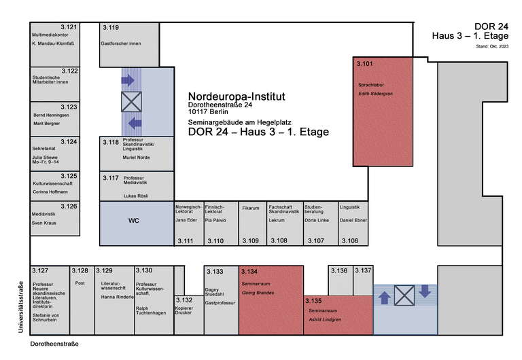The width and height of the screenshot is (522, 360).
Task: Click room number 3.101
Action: coord(366,65)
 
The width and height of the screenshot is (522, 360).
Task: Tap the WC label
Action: coord(134,221)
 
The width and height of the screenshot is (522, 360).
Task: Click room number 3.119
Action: coord(111,28)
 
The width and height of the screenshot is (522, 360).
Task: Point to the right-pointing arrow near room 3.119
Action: coord(128,80)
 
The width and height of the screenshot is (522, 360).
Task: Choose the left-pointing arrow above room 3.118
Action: coord(135,123)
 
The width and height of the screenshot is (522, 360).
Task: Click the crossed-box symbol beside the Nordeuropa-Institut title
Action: coord(130,102)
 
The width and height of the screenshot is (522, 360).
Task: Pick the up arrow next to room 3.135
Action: coord(384,296)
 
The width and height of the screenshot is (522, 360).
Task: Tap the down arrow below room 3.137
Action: coord(425,291)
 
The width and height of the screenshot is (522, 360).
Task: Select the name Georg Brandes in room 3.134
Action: coord(257,292)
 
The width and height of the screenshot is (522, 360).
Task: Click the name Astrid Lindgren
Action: coord(325,318)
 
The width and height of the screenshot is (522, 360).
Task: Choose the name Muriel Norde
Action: coord(137,157)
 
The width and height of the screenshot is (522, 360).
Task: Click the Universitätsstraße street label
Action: coord(21,306)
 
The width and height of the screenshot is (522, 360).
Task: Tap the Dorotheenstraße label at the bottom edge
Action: coord(54,344)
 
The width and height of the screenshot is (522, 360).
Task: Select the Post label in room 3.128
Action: coord(80,283)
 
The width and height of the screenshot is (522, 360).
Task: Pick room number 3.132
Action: coord(184,300)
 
